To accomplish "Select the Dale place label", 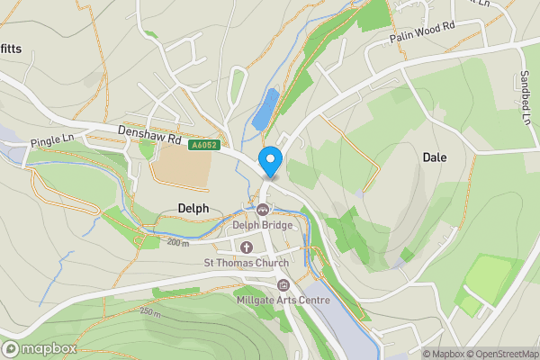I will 435,157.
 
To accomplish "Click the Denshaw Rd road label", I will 150,136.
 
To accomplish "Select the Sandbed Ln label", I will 525,97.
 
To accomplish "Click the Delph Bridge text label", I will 263,225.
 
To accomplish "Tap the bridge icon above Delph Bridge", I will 263,210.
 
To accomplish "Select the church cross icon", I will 246,247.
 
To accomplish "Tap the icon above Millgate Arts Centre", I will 283,284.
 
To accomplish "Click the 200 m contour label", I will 178,242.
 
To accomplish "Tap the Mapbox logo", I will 39,348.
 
